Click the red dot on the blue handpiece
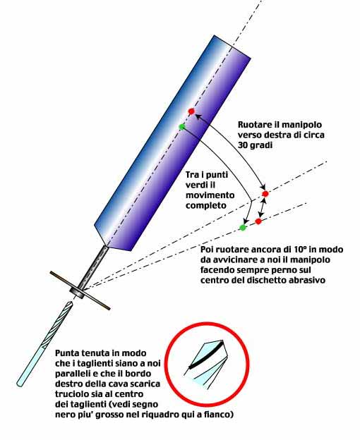coord(191,111)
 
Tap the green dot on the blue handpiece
coord(182,127)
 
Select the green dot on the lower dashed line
coord(243,228)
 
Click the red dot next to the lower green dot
coord(258,221)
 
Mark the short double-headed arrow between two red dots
coord(263,207)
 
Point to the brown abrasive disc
coord(80,291)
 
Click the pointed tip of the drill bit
coord(71,302)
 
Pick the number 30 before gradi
coord(243,145)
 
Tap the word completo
coord(206,206)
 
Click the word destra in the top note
coord(274,135)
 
